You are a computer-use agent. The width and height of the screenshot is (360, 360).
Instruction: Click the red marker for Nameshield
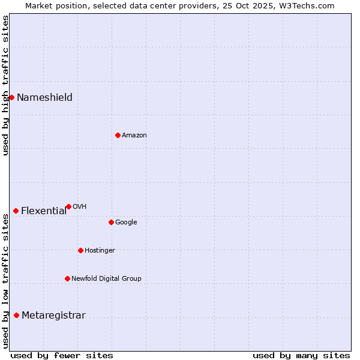pos(11,97)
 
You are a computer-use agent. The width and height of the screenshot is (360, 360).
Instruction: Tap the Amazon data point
pos(118,135)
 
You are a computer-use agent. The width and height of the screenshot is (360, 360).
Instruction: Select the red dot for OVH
pos(68,206)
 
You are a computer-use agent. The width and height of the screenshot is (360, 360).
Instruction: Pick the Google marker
pos(111,222)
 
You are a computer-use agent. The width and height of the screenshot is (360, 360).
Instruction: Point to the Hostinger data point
pos(80,250)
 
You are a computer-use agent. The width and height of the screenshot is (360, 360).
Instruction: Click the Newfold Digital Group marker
pos(67,278)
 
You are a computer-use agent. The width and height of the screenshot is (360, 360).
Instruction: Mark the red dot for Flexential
pos(16,211)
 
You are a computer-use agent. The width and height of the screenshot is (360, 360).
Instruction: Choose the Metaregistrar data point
pos(16,315)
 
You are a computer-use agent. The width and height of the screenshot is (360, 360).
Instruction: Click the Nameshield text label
pos(44,98)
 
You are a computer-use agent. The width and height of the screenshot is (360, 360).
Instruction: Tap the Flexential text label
pos(44,211)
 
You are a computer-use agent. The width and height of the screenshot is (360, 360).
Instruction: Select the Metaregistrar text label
pos(53,316)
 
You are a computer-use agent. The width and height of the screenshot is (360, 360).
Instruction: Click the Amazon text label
pos(134,136)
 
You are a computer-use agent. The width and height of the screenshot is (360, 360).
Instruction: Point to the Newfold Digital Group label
pos(106,279)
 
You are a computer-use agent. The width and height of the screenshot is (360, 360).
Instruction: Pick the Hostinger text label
pos(100,251)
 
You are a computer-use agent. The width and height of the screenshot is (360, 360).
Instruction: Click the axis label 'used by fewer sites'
pos(62,355)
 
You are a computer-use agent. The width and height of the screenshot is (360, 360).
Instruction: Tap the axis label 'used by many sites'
pos(301,355)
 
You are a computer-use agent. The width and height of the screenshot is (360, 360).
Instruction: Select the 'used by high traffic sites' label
pos(5,85)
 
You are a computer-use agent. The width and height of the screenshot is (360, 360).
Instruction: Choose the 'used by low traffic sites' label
pos(5,281)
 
